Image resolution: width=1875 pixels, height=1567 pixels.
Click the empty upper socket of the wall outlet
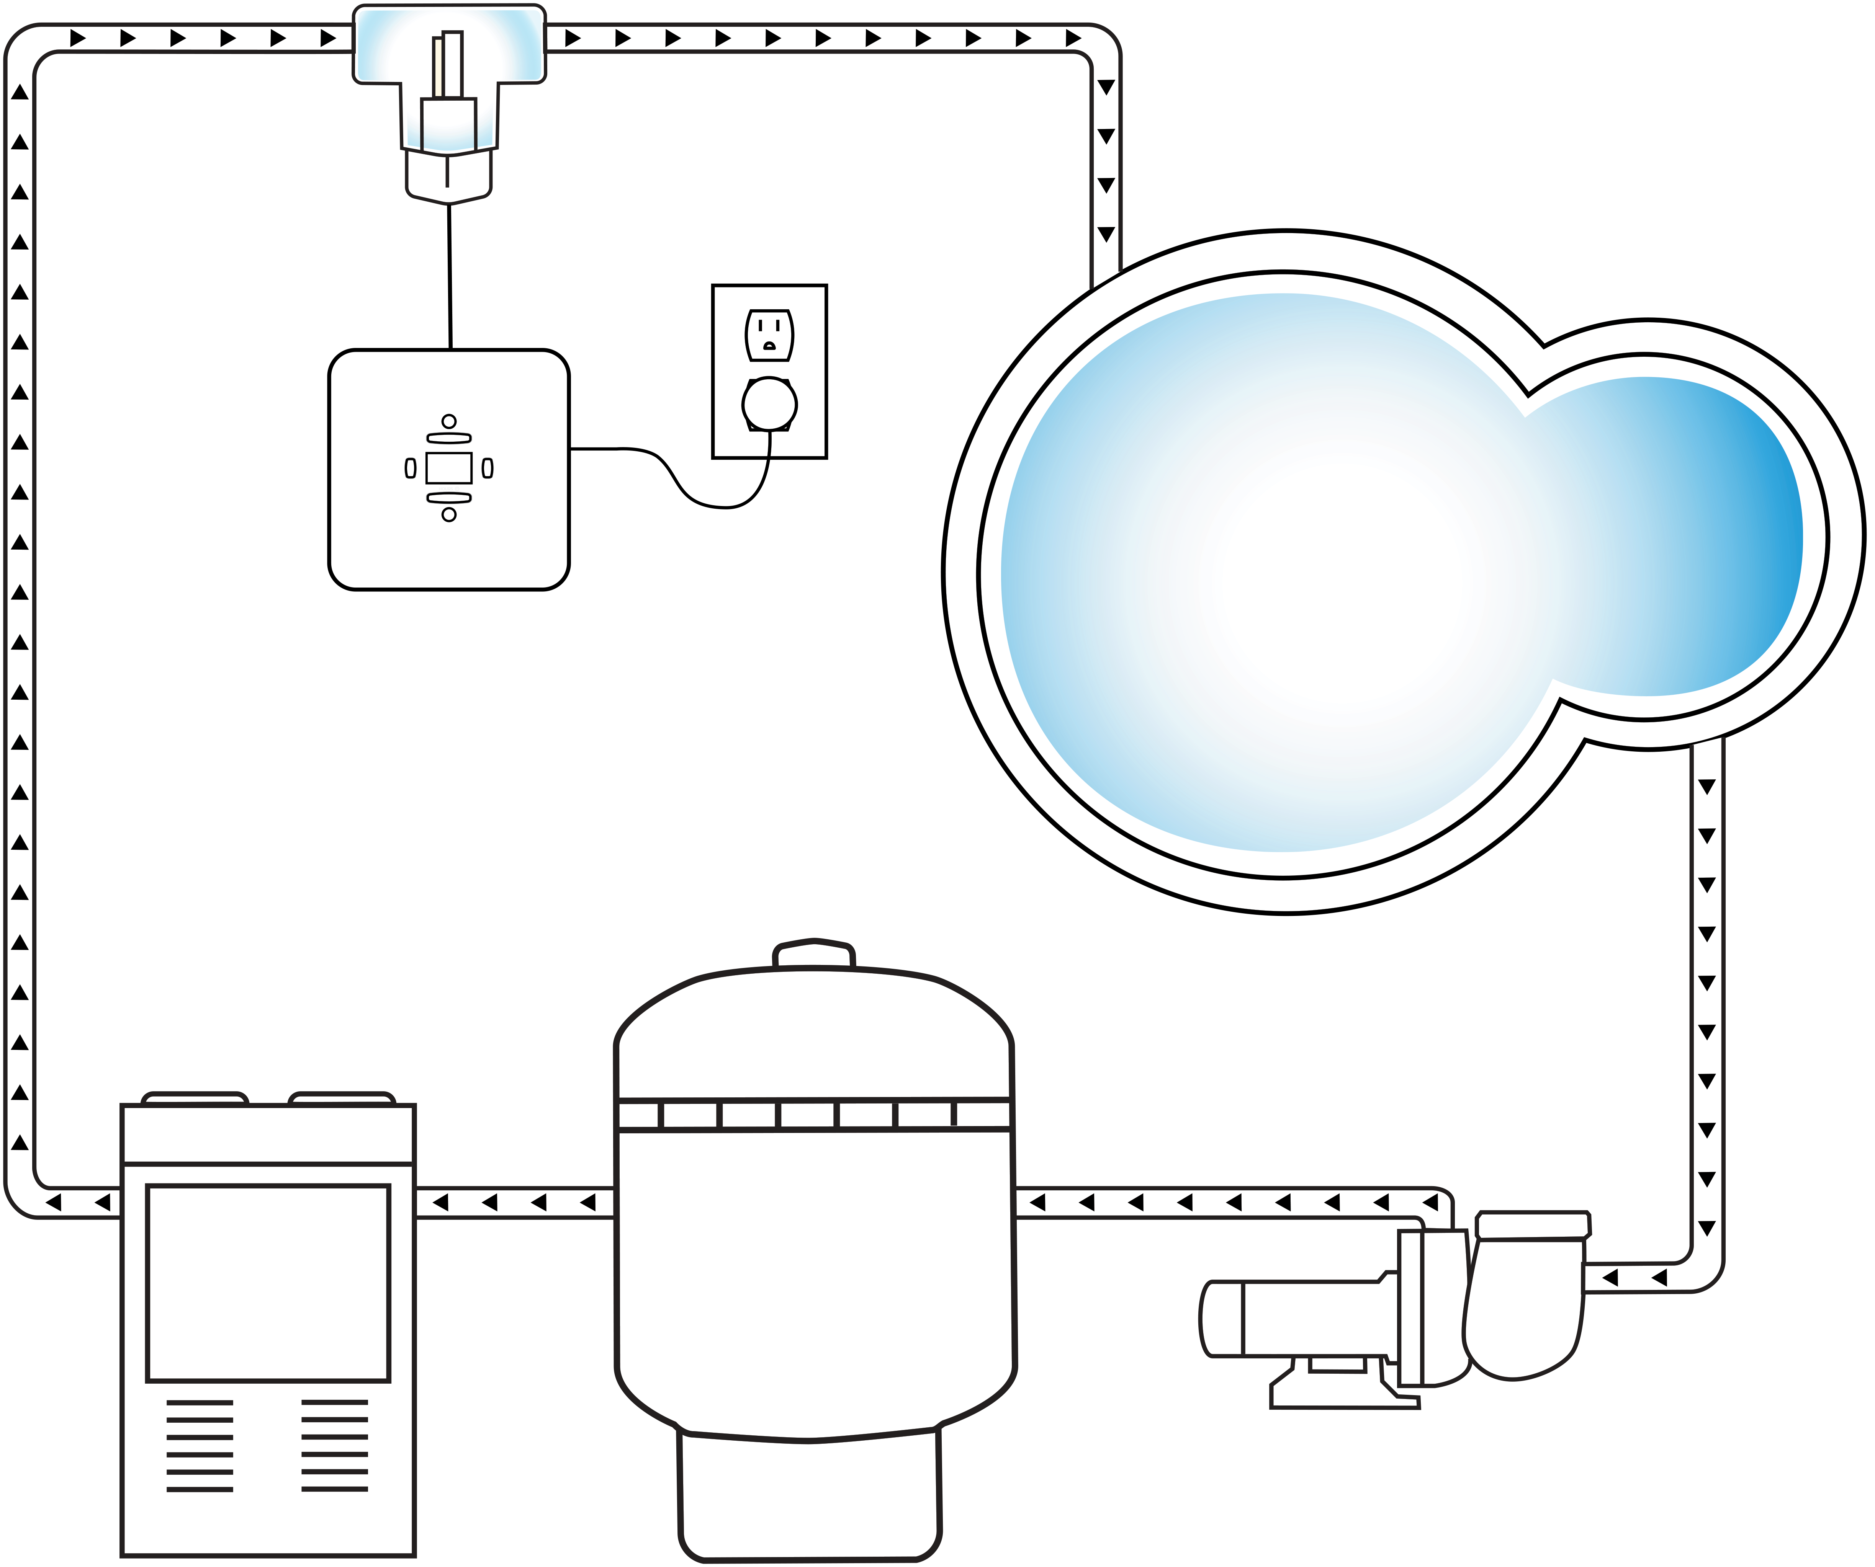tap(769, 335)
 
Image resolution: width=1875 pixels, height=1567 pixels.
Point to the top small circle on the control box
tap(449, 421)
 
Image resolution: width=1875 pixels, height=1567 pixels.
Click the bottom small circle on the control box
tap(449, 515)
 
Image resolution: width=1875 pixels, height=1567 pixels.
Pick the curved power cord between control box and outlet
tap(679, 482)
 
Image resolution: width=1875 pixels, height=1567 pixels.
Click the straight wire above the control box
tap(449, 277)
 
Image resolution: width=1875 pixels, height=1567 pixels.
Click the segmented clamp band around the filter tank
tap(813, 1115)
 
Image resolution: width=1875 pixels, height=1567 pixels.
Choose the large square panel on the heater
tap(268, 1283)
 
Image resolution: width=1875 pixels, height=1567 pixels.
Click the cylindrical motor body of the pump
tap(1295, 1319)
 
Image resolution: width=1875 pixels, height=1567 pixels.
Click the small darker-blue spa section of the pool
tap(1679, 535)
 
